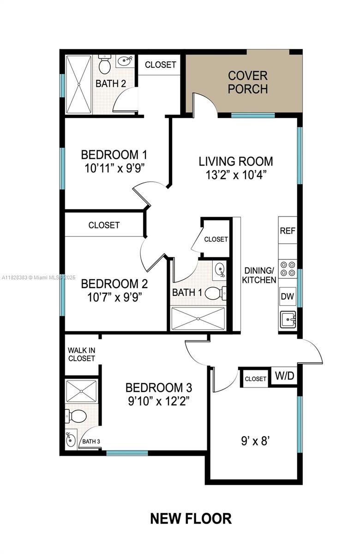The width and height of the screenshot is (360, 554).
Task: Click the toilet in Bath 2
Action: pyautogui.click(x=105, y=64)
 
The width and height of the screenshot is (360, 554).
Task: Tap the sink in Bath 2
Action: pyautogui.click(x=125, y=61)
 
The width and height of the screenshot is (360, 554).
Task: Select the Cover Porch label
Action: pyautogui.click(x=248, y=82)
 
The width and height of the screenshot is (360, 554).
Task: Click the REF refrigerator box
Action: pyautogui.click(x=288, y=230)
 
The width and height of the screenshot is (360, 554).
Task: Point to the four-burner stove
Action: pyautogui.click(x=288, y=269)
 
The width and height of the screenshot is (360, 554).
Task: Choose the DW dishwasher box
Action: pyautogui.click(x=288, y=296)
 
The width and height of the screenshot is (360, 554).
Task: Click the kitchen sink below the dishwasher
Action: pyautogui.click(x=288, y=319)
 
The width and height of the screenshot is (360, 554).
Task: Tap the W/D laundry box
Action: pyautogui.click(x=285, y=376)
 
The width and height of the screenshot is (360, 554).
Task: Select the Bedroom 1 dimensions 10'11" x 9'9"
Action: pyautogui.click(x=114, y=169)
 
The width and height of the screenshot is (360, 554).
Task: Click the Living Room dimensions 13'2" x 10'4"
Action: pyautogui.click(x=236, y=175)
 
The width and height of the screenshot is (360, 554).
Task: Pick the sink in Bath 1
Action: pyautogui.click(x=220, y=269)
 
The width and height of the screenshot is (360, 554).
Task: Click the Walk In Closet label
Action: pyautogui.click(x=82, y=355)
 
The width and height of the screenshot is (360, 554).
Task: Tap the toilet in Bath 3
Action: pyautogui.click(x=75, y=416)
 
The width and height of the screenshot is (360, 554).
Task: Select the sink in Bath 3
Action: pyautogui.click(x=71, y=440)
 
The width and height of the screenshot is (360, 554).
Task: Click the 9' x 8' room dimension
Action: pyautogui.click(x=255, y=441)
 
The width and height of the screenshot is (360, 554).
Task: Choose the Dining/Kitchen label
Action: pyautogui.click(x=259, y=275)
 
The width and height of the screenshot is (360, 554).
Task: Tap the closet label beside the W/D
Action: pyautogui.click(x=255, y=379)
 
